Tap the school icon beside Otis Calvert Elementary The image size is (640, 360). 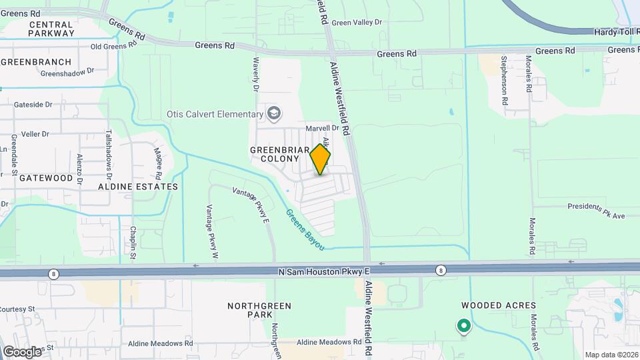click(273, 113)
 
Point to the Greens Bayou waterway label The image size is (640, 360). click(305, 231)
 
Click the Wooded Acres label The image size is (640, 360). click(499, 305)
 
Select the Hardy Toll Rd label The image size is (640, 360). click(617, 31)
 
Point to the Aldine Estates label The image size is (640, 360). click(138, 187)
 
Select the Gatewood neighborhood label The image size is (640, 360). click(46, 178)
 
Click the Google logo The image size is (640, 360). click(22, 351)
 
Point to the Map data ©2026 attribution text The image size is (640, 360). click(611, 355)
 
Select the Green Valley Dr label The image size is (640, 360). click(357, 22)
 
